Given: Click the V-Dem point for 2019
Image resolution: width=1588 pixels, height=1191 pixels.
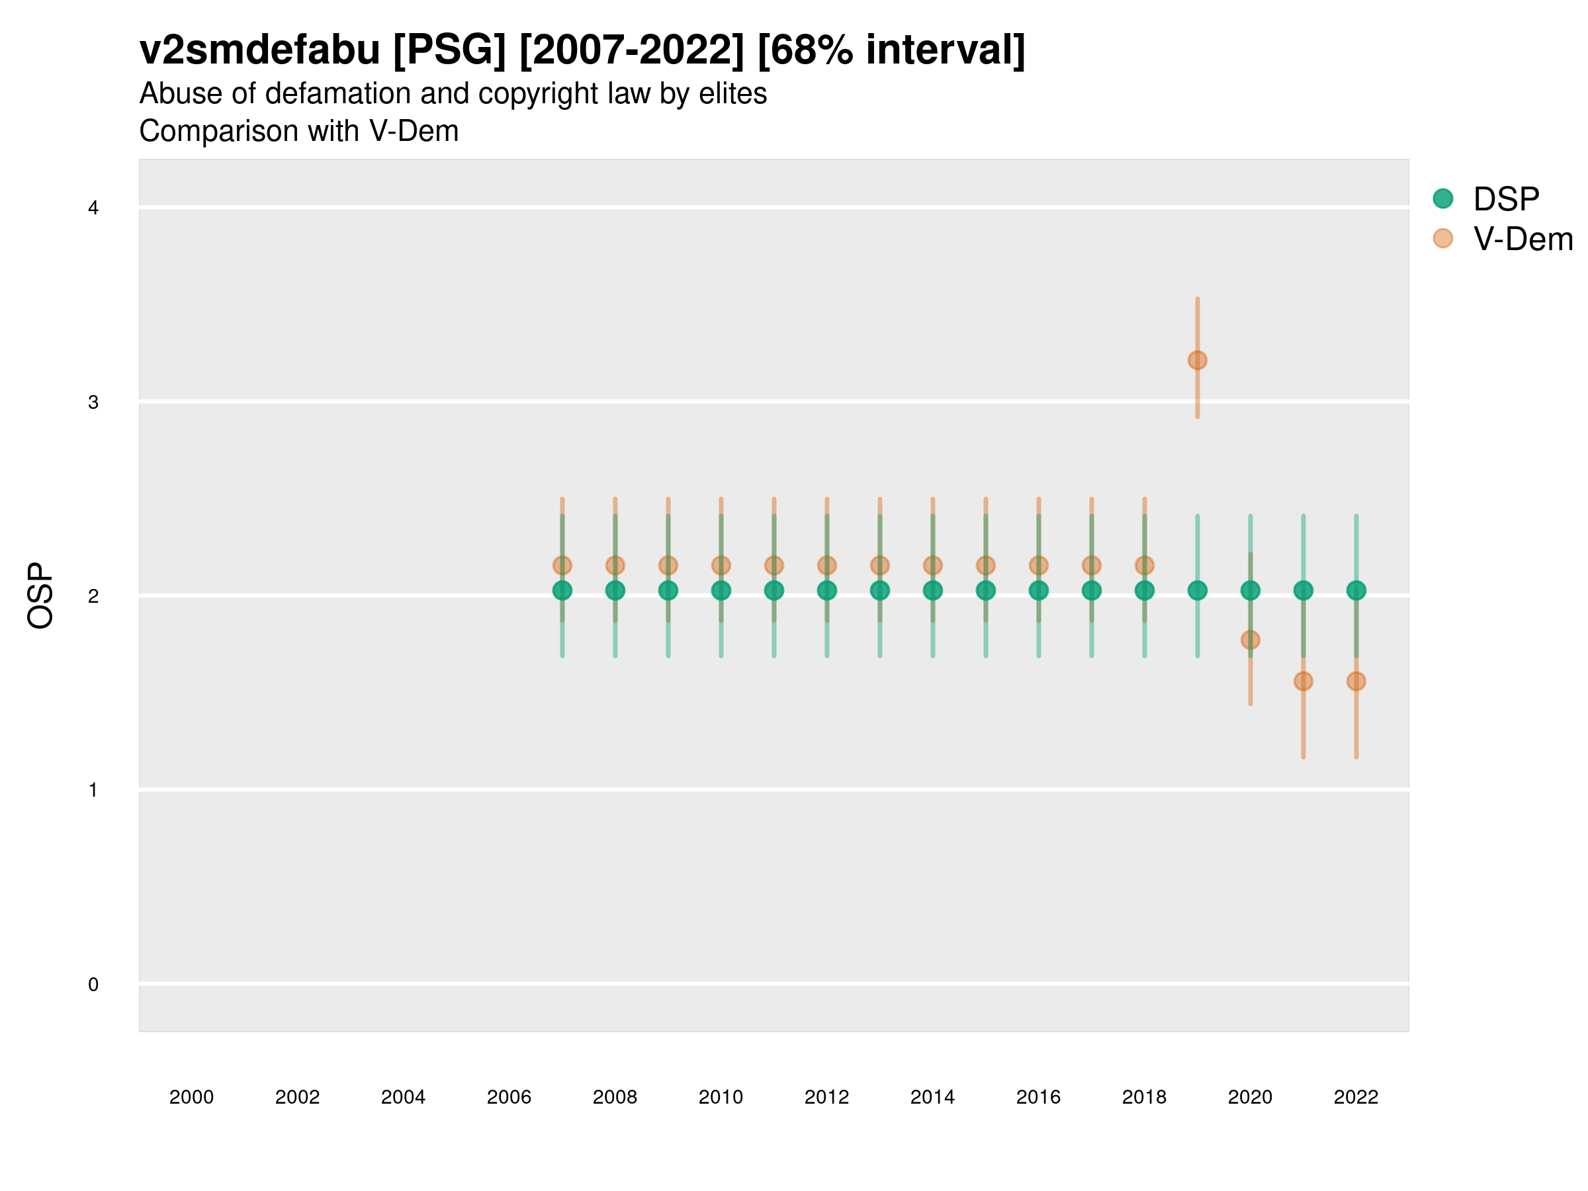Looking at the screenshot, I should point(1198,361).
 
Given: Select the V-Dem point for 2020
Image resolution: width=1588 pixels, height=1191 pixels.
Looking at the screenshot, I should point(1250,640).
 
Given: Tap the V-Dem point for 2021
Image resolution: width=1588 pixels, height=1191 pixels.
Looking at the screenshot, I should point(1303,682).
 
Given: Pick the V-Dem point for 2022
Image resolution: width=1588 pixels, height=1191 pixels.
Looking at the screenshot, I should point(1356,682).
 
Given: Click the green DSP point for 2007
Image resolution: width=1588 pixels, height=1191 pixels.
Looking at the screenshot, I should point(562,590).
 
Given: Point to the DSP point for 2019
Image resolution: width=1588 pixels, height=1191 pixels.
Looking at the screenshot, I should point(1198,590).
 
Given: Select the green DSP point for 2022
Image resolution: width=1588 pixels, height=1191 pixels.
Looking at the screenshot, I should point(1356,590).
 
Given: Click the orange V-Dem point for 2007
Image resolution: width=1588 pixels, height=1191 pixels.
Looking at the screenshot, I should point(562,566).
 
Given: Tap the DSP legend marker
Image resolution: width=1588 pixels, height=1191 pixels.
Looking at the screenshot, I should point(1443,199).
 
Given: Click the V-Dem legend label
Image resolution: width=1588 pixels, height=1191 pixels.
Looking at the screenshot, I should point(1522,239).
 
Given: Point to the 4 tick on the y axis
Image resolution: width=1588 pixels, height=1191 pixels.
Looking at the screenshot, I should point(93,208).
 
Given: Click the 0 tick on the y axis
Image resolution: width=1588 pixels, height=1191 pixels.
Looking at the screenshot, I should point(93,985).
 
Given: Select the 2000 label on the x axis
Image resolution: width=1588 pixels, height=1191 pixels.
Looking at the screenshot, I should point(192,1097).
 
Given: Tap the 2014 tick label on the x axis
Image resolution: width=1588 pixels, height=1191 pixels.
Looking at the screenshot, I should point(932,1097).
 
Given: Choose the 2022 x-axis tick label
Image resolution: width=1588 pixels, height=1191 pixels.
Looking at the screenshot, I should point(1356,1097).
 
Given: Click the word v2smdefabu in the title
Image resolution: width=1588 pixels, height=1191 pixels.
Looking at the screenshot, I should point(260,50).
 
